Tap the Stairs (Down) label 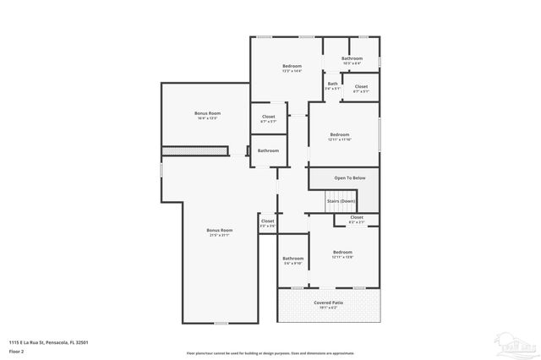(x=341, y=201)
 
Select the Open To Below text (x=349, y=178)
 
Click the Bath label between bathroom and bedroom (x=332, y=84)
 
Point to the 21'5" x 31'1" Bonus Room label (x=220, y=230)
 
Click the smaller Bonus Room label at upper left (x=207, y=113)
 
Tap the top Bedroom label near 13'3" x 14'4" (x=292, y=66)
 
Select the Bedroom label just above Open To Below (x=340, y=134)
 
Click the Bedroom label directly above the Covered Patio (x=342, y=253)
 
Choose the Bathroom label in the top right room (x=352, y=58)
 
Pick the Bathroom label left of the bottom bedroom (x=293, y=259)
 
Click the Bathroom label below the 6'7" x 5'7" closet (x=268, y=150)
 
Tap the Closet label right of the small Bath (x=361, y=86)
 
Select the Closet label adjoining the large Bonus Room (x=267, y=221)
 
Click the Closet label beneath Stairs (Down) (x=357, y=217)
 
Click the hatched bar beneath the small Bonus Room (x=195, y=150)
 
